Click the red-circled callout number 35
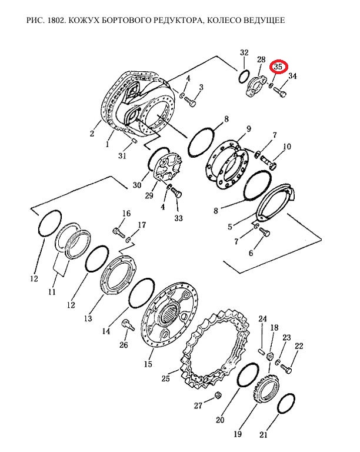coord(278,67)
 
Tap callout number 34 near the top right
coord(292,76)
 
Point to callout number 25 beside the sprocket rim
coord(165,378)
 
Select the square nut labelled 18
coord(271,357)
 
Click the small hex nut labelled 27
coord(218,395)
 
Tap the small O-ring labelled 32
coord(244,76)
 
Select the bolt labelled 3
coord(190,101)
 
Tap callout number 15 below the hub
coord(148,364)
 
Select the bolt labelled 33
coord(176,192)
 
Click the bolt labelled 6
coord(264,231)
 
